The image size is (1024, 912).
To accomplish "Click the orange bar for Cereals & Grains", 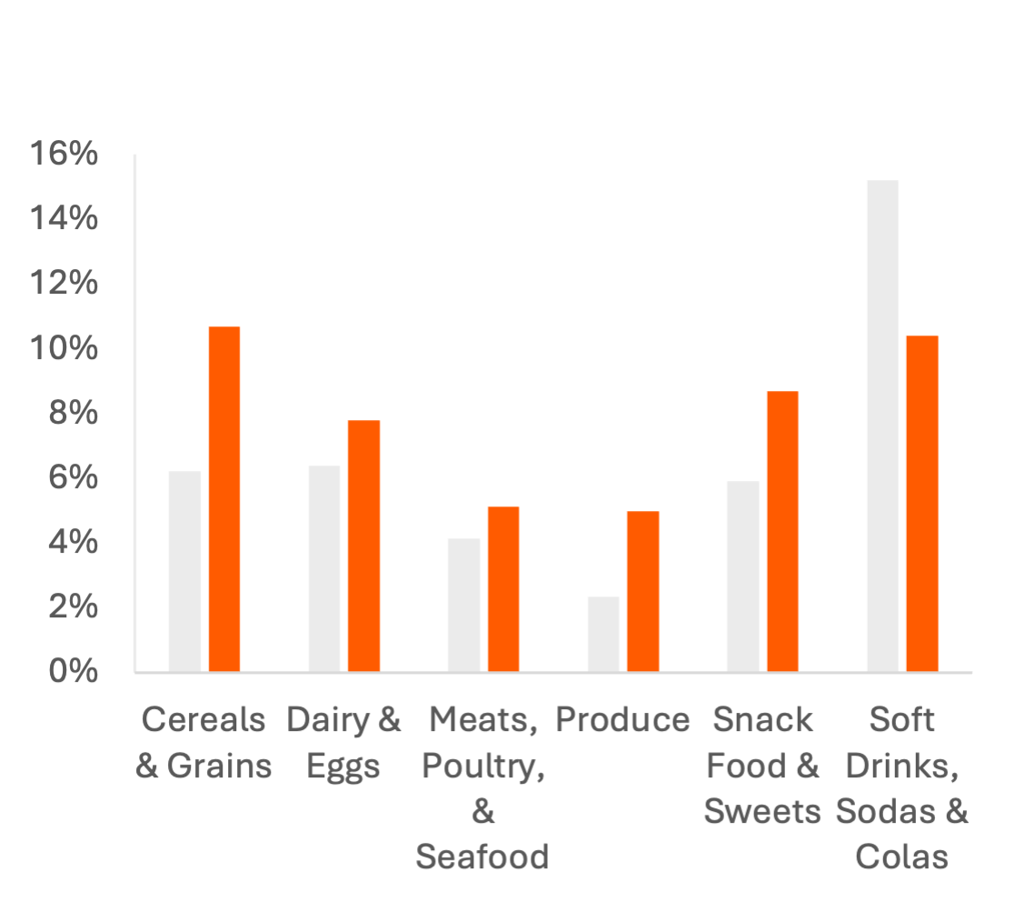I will (224, 499).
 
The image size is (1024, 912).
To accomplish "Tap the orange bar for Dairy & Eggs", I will (363, 546).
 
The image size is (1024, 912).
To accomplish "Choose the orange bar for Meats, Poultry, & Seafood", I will (502, 589).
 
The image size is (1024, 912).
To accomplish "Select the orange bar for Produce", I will (642, 592).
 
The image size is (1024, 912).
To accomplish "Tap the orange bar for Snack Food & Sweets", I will (782, 532).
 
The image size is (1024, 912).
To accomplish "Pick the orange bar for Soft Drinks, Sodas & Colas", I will (921, 504).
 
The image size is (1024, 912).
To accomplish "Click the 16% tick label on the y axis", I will (65, 155).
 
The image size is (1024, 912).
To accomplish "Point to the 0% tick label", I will (73, 672).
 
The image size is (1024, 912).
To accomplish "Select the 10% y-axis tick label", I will (65, 349).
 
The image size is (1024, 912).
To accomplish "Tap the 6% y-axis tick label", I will (73, 478).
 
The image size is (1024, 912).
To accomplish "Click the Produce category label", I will (622, 721).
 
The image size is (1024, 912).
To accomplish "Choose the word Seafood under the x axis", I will (482, 857).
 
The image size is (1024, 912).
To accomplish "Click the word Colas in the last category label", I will (901, 857).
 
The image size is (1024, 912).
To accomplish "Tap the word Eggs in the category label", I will (343, 767).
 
